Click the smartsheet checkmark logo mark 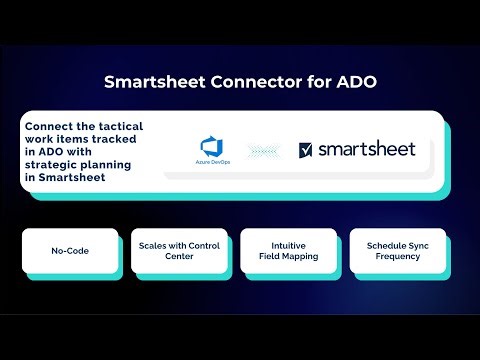[x=305, y=150]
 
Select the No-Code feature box [x=70, y=250]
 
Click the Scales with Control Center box [x=177, y=250]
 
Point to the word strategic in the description [x=55, y=165]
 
